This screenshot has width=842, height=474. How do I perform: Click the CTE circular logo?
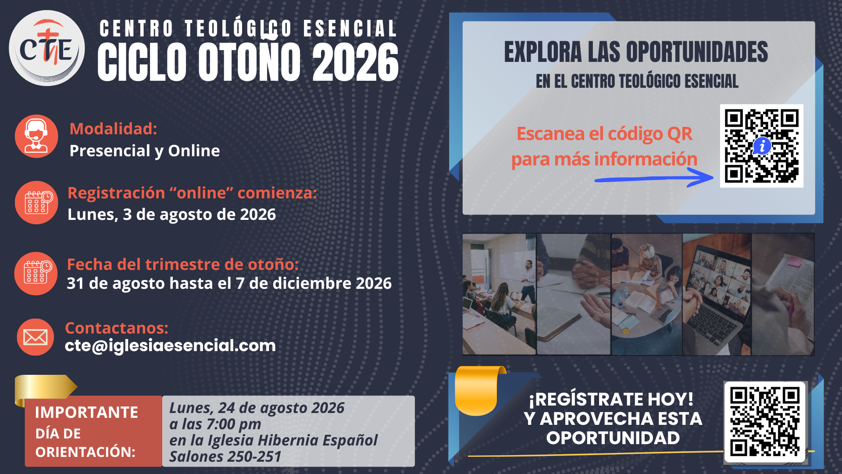pos(46,48)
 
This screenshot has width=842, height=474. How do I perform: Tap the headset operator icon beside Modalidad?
pos(36,136)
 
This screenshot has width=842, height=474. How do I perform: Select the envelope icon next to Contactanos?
pos(36,337)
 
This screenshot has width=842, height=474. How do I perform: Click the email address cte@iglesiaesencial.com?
pos(170,346)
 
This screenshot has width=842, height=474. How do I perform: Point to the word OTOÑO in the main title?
pos(250,62)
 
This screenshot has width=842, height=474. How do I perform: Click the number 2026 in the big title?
pos(355,62)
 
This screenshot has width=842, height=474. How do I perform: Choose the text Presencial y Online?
pos(145,151)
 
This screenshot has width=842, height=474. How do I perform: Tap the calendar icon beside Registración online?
pos(36,202)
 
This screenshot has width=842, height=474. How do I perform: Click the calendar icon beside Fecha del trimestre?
pos(36,273)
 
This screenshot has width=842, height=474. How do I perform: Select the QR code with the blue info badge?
pos(762,146)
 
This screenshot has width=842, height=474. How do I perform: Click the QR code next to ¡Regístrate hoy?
pos(765,422)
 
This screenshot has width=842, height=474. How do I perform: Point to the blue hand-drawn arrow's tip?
pos(713,177)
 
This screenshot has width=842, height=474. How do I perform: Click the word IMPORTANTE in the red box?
pos(86,413)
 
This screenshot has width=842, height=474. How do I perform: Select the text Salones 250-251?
pos(225,457)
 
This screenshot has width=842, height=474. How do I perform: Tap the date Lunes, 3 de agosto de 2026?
pos(171,215)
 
